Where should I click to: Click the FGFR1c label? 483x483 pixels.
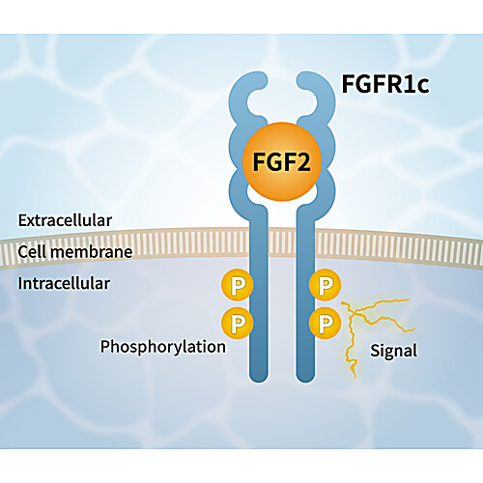pyautogui.click(x=385, y=84)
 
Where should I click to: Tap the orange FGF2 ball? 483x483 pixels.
pyautogui.click(x=282, y=161)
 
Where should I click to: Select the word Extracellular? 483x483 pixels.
pyautogui.click(x=65, y=220)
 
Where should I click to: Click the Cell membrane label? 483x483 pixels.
pyautogui.click(x=75, y=252)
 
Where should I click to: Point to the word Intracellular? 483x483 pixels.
pyautogui.click(x=64, y=283)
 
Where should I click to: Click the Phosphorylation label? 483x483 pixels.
pyautogui.click(x=163, y=347)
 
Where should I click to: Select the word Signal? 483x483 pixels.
pyautogui.click(x=393, y=351)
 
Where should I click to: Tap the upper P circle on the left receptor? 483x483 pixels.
pyautogui.click(x=238, y=285)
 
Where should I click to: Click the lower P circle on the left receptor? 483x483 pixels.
pyautogui.click(x=238, y=323)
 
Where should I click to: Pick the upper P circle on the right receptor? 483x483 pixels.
pyautogui.click(x=325, y=285)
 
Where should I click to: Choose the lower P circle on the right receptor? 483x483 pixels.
pyautogui.click(x=325, y=323)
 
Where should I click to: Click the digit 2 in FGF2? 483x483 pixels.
pyautogui.click(x=302, y=162)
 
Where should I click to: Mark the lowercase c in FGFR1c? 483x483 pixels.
pyautogui.click(x=422, y=87)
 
